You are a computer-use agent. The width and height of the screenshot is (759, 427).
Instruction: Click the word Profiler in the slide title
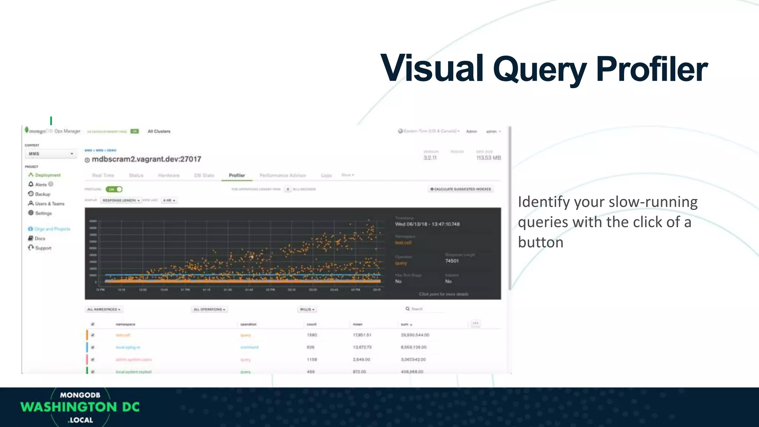click(x=652, y=69)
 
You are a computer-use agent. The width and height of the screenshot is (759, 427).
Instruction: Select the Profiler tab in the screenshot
click(x=237, y=175)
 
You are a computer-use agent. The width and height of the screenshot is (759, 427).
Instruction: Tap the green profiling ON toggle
click(x=114, y=189)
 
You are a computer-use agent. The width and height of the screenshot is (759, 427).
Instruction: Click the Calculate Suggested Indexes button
click(x=461, y=189)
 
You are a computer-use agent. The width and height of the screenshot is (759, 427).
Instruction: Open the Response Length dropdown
click(x=121, y=200)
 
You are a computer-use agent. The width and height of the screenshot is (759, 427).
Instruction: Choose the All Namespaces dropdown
click(x=104, y=309)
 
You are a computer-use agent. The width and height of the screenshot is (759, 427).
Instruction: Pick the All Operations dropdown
click(x=209, y=309)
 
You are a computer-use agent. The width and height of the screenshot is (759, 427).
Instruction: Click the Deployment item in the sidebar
click(x=47, y=175)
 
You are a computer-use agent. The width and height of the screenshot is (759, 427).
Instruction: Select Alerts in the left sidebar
click(x=41, y=185)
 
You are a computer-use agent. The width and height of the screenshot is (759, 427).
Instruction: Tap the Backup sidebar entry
click(x=42, y=194)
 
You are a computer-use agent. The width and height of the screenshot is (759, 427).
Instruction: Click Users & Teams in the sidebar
click(x=50, y=203)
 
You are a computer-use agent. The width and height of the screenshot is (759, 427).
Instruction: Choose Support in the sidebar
click(x=43, y=248)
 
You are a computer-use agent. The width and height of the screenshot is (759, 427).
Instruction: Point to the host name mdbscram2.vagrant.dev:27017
click(x=146, y=159)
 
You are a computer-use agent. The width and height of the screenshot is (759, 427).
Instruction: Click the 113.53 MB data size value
click(x=488, y=158)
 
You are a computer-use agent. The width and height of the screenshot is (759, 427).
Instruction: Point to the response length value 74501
click(x=452, y=261)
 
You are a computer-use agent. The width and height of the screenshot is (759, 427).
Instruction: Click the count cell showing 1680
click(x=312, y=335)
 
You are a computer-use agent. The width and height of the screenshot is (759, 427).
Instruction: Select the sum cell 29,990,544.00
click(x=415, y=335)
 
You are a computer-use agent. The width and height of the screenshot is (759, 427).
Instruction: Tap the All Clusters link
click(x=159, y=131)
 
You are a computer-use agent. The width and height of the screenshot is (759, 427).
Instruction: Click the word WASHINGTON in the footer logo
click(x=69, y=407)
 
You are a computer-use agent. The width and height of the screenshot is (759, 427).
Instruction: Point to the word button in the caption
click(x=540, y=242)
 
